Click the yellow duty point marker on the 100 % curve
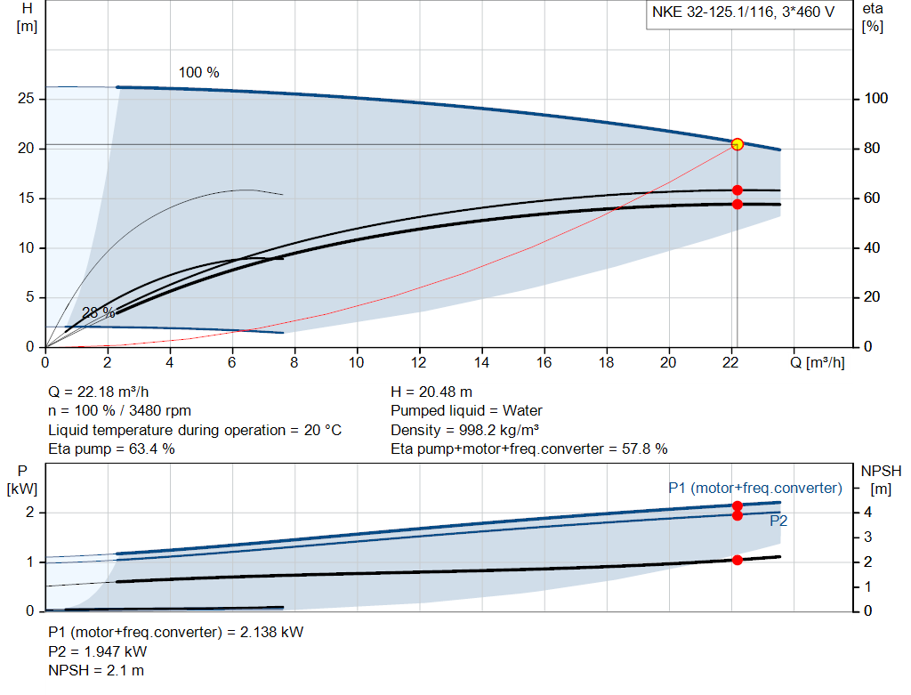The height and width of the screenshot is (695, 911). pos(737,144)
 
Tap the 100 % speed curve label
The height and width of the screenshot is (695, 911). pos(198,72)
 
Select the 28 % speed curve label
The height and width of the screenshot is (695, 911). pos(98,313)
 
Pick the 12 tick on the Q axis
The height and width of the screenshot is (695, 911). pos(419,362)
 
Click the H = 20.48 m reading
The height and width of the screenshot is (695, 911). pos(431,392)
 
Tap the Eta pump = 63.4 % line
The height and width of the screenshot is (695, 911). pos(111,449)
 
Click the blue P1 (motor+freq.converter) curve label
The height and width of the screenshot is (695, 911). pos(754,488)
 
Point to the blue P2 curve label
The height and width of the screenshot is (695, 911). pos(778,521)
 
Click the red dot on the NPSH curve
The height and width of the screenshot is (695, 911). pos(737,560)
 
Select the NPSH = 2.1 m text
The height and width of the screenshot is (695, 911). pos(96,670)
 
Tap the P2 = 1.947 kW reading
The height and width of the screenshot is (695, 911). pos(98,651)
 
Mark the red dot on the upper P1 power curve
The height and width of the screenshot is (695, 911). pos(737,505)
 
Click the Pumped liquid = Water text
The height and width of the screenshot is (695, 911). pos(466,411)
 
